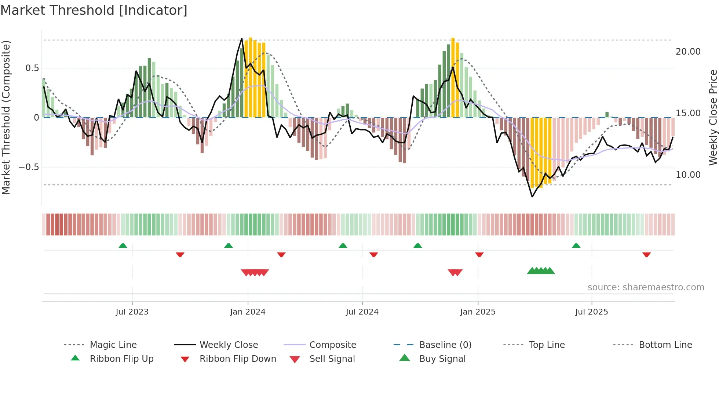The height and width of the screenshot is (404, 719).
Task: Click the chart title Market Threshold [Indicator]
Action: click(x=94, y=10)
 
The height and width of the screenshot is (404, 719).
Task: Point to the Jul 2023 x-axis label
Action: click(x=132, y=312)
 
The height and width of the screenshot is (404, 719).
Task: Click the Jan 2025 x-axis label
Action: click(x=478, y=312)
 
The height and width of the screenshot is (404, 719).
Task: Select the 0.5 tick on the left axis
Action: click(x=32, y=68)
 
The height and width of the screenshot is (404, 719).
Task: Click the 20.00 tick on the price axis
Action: click(x=688, y=52)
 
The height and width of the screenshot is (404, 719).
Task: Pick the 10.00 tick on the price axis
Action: click(x=688, y=175)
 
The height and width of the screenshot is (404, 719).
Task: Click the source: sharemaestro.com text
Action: click(x=646, y=287)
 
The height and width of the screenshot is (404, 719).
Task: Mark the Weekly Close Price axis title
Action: click(x=713, y=117)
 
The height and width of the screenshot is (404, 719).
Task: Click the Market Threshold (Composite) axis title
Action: click(x=6, y=117)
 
